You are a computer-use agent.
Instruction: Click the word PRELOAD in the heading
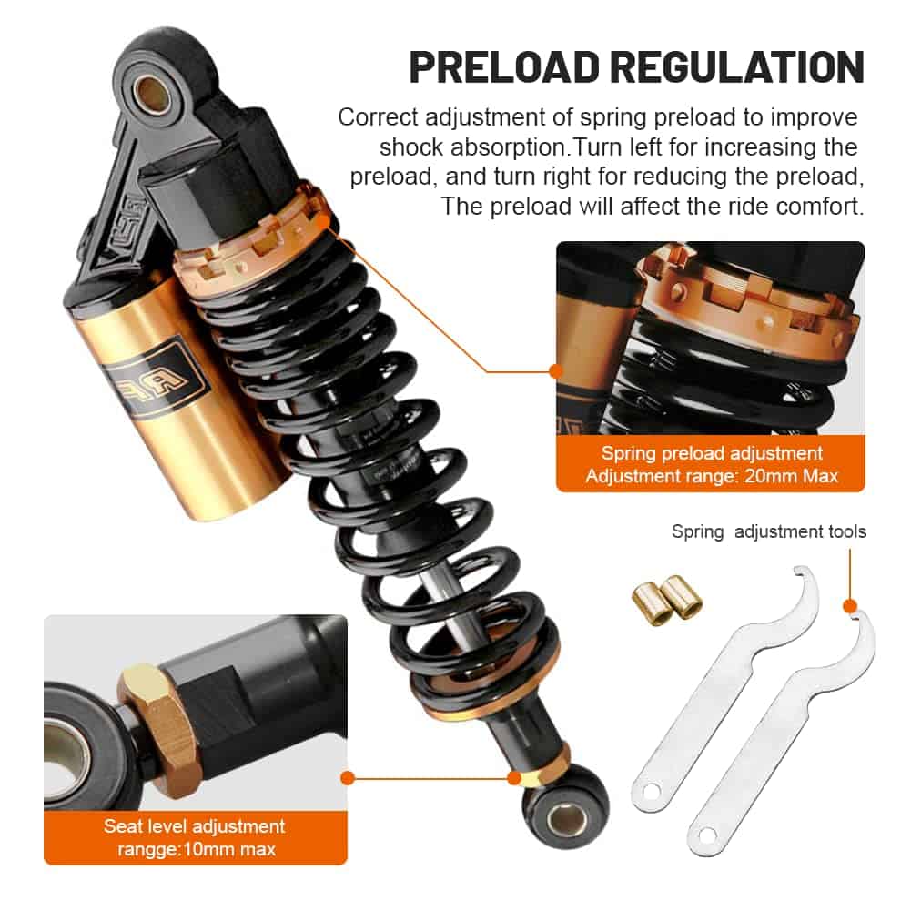(x=504, y=68)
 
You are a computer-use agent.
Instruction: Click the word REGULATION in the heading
(x=737, y=68)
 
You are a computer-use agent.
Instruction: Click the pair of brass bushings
(x=667, y=600)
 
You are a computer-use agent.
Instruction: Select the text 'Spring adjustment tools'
(x=769, y=531)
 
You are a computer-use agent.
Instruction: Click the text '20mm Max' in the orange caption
(x=791, y=476)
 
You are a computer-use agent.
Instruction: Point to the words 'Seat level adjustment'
(x=195, y=826)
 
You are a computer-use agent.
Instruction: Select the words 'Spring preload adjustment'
(x=712, y=453)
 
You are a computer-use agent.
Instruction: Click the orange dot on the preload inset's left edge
(x=556, y=370)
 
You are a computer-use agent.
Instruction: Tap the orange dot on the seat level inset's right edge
(x=348, y=778)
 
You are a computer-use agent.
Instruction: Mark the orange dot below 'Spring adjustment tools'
(x=850, y=606)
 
